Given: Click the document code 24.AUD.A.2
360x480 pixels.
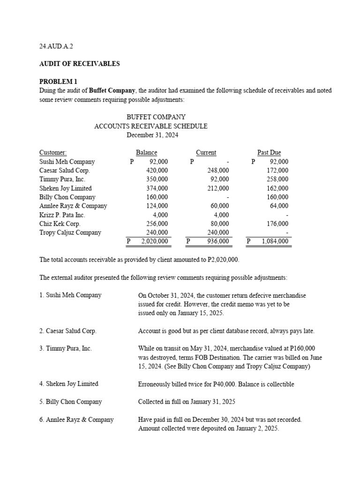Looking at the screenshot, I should click(56, 46).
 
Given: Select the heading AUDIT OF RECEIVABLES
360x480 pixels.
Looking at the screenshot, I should click(79, 64).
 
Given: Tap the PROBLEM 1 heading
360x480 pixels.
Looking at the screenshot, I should click(58, 82).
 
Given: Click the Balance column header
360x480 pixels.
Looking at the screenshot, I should click(146, 152).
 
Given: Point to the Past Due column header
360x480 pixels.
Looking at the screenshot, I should click(269, 152).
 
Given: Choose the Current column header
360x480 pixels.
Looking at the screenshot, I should click(206, 152).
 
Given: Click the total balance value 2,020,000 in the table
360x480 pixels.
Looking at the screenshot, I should click(154, 241).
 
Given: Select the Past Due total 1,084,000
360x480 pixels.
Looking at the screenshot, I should click(275, 241).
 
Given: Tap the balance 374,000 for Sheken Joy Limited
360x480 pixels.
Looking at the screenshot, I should click(157, 188).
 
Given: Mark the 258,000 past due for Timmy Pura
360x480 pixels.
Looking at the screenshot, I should click(277, 179).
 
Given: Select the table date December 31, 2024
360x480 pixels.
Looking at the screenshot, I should click(152, 135).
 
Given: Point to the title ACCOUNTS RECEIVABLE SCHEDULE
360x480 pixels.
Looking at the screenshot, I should click(151, 126).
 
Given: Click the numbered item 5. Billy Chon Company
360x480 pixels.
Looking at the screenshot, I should click(70, 402).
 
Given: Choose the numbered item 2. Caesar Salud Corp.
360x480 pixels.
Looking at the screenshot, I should click(68, 331).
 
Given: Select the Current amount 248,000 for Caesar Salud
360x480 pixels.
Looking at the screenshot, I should click(218, 170).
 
